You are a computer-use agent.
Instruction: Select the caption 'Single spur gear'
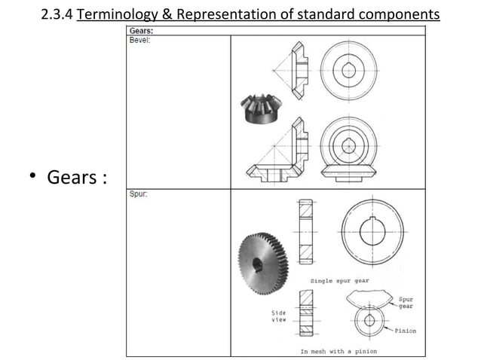click(340, 280)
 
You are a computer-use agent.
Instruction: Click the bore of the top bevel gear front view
click(348, 70)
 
